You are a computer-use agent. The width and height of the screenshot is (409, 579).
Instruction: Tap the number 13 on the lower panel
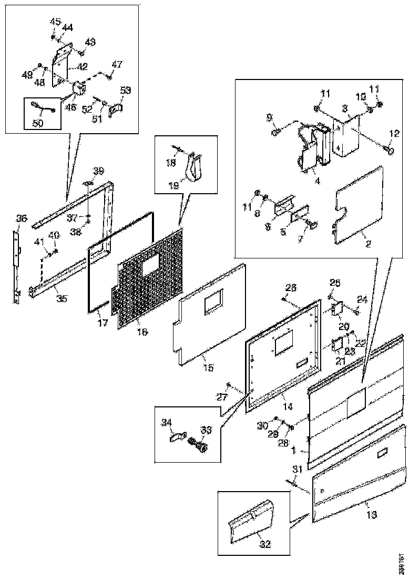click(371, 515)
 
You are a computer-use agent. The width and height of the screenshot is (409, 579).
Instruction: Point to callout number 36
click(21, 218)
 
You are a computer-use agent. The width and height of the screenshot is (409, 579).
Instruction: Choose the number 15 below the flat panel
click(208, 367)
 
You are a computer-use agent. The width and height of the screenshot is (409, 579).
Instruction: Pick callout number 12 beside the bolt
click(394, 134)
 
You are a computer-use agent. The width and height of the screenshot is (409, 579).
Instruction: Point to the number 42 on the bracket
click(83, 66)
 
